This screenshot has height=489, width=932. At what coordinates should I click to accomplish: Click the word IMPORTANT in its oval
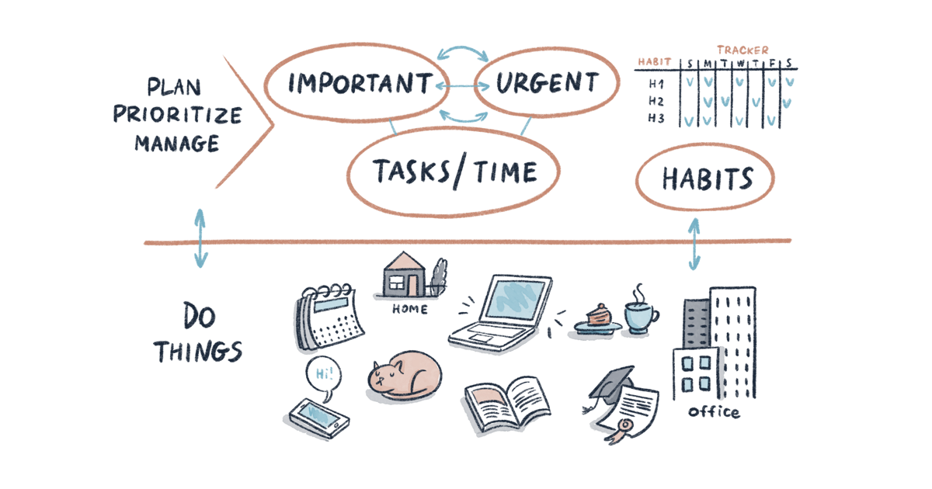pos(360,82)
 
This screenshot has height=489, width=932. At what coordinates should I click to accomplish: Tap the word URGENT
pos(547,82)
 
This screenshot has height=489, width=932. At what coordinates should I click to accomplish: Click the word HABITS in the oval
pos(708,179)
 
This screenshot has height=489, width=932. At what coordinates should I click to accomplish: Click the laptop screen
pos(515,299)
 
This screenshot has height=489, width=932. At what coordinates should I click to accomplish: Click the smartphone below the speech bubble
pos(319,418)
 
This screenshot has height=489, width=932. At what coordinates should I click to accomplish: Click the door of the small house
pos(412,286)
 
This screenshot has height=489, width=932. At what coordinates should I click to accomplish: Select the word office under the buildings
pos(714,411)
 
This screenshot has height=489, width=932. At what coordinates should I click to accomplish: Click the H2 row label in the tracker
pos(656,101)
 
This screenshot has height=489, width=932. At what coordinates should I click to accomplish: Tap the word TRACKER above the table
pos(742,50)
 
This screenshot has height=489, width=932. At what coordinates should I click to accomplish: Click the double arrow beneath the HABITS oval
pos(694,244)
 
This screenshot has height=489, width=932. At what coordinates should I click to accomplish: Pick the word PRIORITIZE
pos(178,114)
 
